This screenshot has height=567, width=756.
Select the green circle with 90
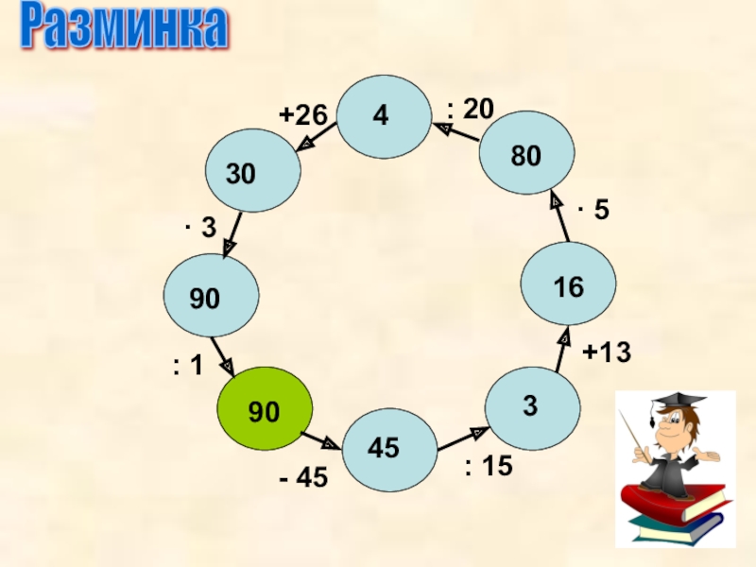coord(265,410)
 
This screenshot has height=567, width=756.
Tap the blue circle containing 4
coord(383,116)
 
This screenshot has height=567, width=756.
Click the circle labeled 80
coord(527,155)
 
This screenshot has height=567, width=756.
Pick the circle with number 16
coord(569,286)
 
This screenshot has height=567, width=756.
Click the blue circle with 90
coord(211,299)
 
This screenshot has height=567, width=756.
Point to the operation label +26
coord(301,115)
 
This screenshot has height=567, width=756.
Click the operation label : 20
coord(470,110)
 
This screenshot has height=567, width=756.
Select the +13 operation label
coord(606,353)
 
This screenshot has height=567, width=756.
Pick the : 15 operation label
coord(488,466)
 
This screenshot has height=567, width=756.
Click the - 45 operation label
coord(302,479)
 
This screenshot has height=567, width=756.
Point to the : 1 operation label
coord(188,367)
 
